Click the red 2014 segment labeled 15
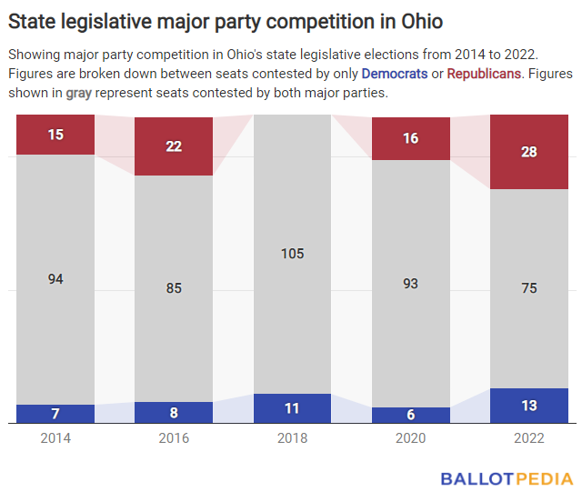(x=55, y=135)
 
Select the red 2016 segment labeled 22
(x=174, y=146)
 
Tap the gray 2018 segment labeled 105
(x=292, y=254)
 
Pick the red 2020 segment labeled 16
(x=410, y=137)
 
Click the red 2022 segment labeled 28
(x=528, y=152)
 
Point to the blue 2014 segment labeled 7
(x=55, y=414)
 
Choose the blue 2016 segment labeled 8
(x=174, y=413)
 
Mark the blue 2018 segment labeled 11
(x=292, y=408)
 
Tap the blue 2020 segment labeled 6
(x=410, y=415)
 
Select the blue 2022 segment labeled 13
(x=528, y=406)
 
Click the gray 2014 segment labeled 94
(x=55, y=279)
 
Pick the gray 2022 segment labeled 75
(x=528, y=288)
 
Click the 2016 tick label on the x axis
(x=174, y=438)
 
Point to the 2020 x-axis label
(x=410, y=438)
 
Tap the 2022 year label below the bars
(x=528, y=438)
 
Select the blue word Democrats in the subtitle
(x=395, y=73)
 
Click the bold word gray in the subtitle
(x=81, y=94)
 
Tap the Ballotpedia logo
(x=507, y=477)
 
